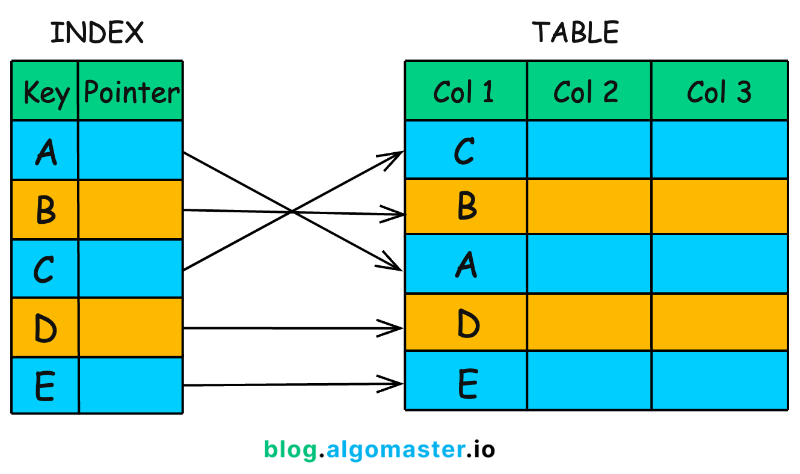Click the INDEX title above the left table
click(97, 32)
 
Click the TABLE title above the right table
click(576, 32)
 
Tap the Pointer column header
click(131, 92)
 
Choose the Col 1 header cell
click(464, 92)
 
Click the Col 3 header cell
click(719, 92)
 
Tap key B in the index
click(46, 210)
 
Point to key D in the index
click(45, 328)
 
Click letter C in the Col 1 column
click(464, 150)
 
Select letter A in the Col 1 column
click(466, 264)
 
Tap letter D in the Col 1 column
click(467, 323)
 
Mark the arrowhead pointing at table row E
click(394, 382)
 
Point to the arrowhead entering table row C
click(394, 156)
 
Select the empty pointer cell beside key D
click(131, 328)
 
